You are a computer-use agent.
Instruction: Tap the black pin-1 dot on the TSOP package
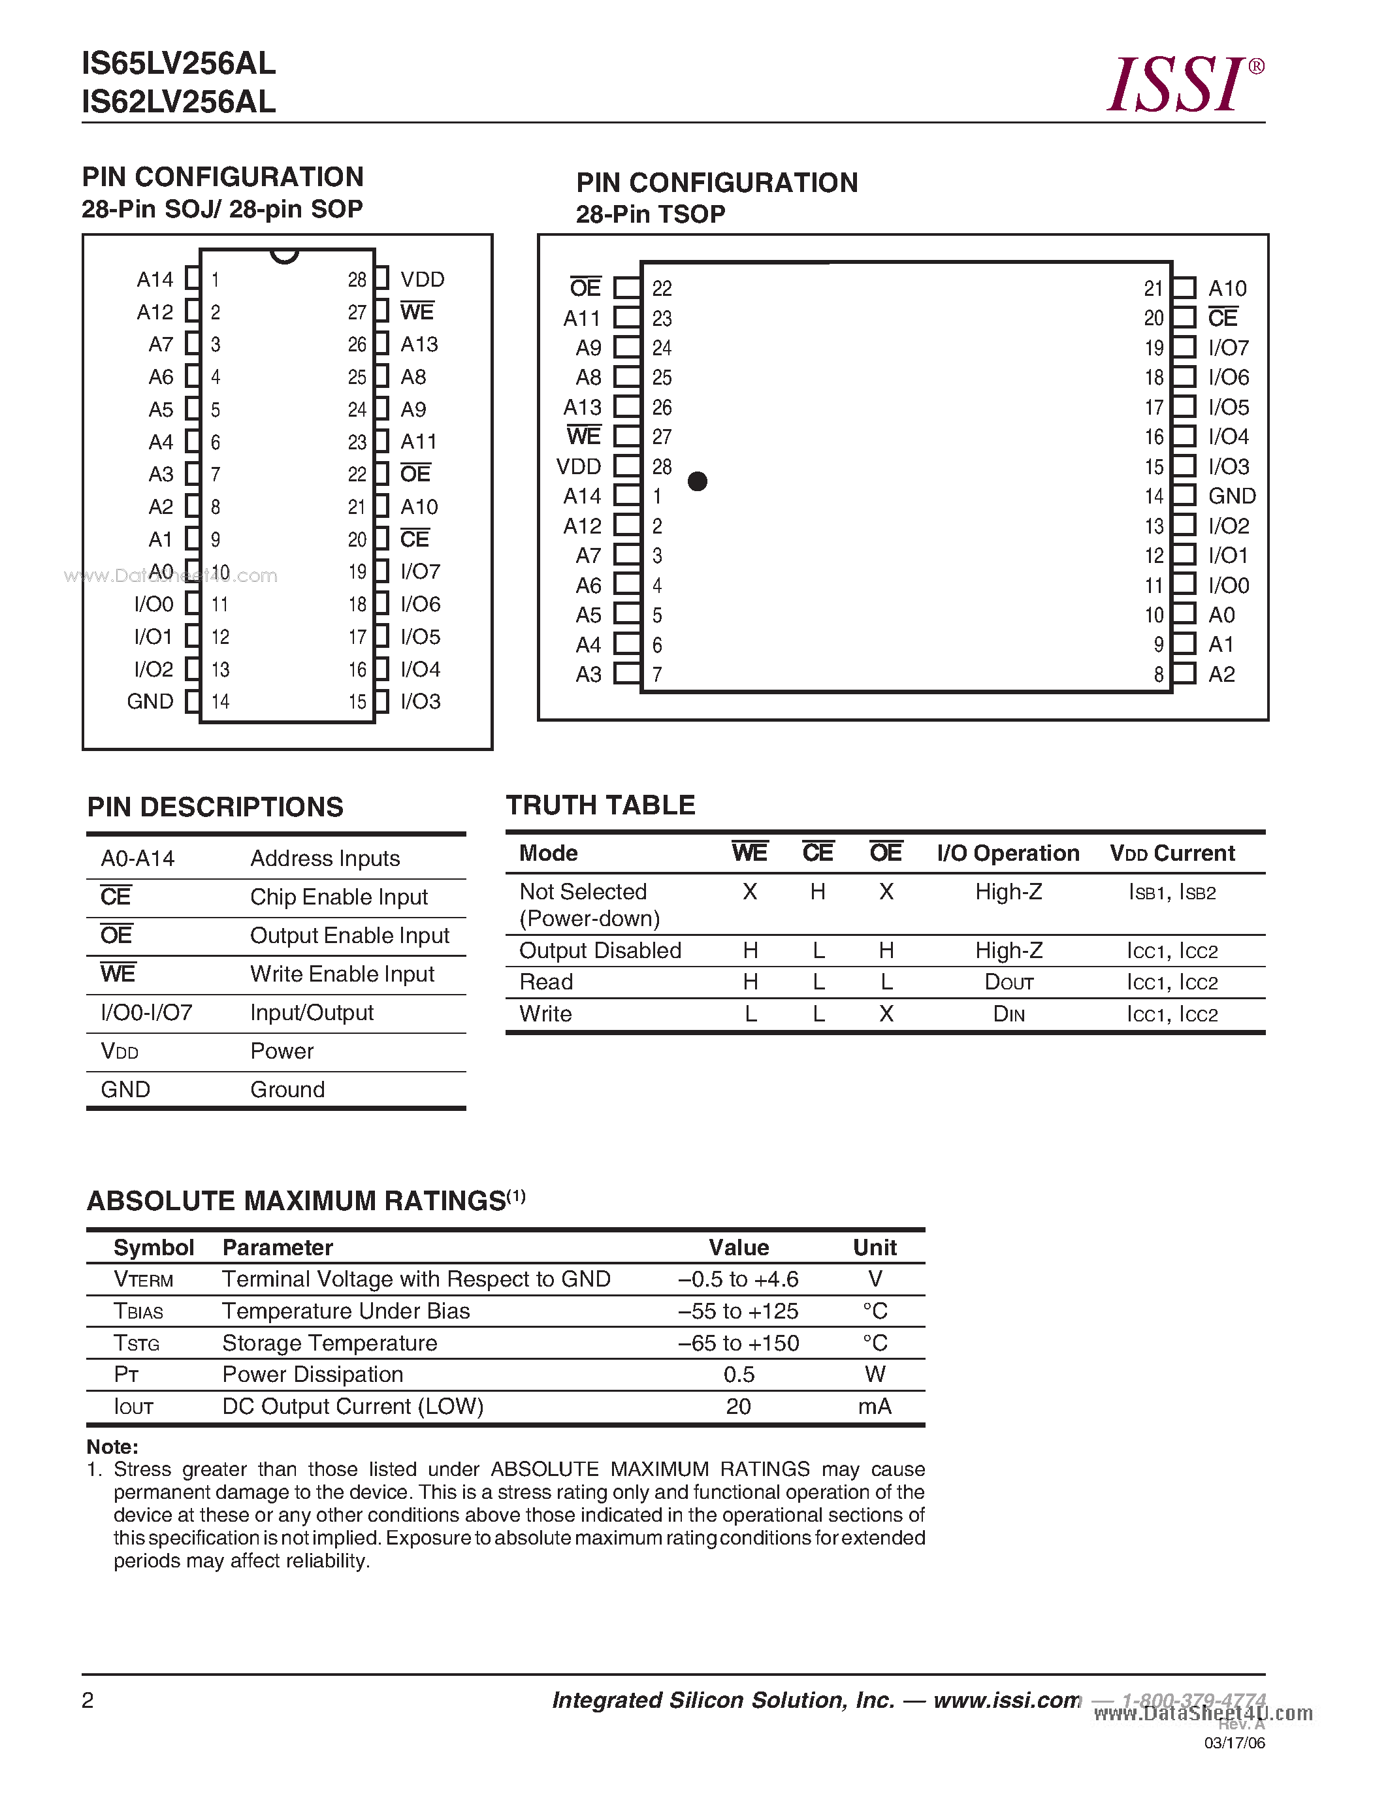coord(698,481)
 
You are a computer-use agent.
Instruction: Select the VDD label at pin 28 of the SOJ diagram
coord(422,280)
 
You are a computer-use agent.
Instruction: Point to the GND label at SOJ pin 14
coord(150,701)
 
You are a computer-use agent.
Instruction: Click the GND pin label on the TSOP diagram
coord(1232,496)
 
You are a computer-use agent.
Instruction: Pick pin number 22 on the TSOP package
coord(662,289)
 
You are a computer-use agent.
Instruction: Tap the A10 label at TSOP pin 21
coord(1227,289)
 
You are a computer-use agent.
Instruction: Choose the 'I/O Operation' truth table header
coord(1008,853)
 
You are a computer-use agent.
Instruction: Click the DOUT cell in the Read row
coord(1009,983)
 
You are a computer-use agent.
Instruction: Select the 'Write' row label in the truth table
coord(545,1014)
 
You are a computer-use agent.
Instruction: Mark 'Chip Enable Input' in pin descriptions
coord(339,897)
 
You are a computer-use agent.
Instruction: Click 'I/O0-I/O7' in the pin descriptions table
coord(146,1012)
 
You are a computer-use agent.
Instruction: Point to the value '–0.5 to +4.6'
coord(738,1279)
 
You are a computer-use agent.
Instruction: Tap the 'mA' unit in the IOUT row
coord(874,1407)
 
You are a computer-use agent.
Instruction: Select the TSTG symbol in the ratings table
coord(137,1343)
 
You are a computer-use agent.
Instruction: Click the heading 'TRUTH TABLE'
coord(600,805)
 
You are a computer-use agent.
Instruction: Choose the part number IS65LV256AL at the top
coord(178,63)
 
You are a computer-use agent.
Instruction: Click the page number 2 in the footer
coord(88,1700)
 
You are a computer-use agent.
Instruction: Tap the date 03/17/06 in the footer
coord(1235,1743)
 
